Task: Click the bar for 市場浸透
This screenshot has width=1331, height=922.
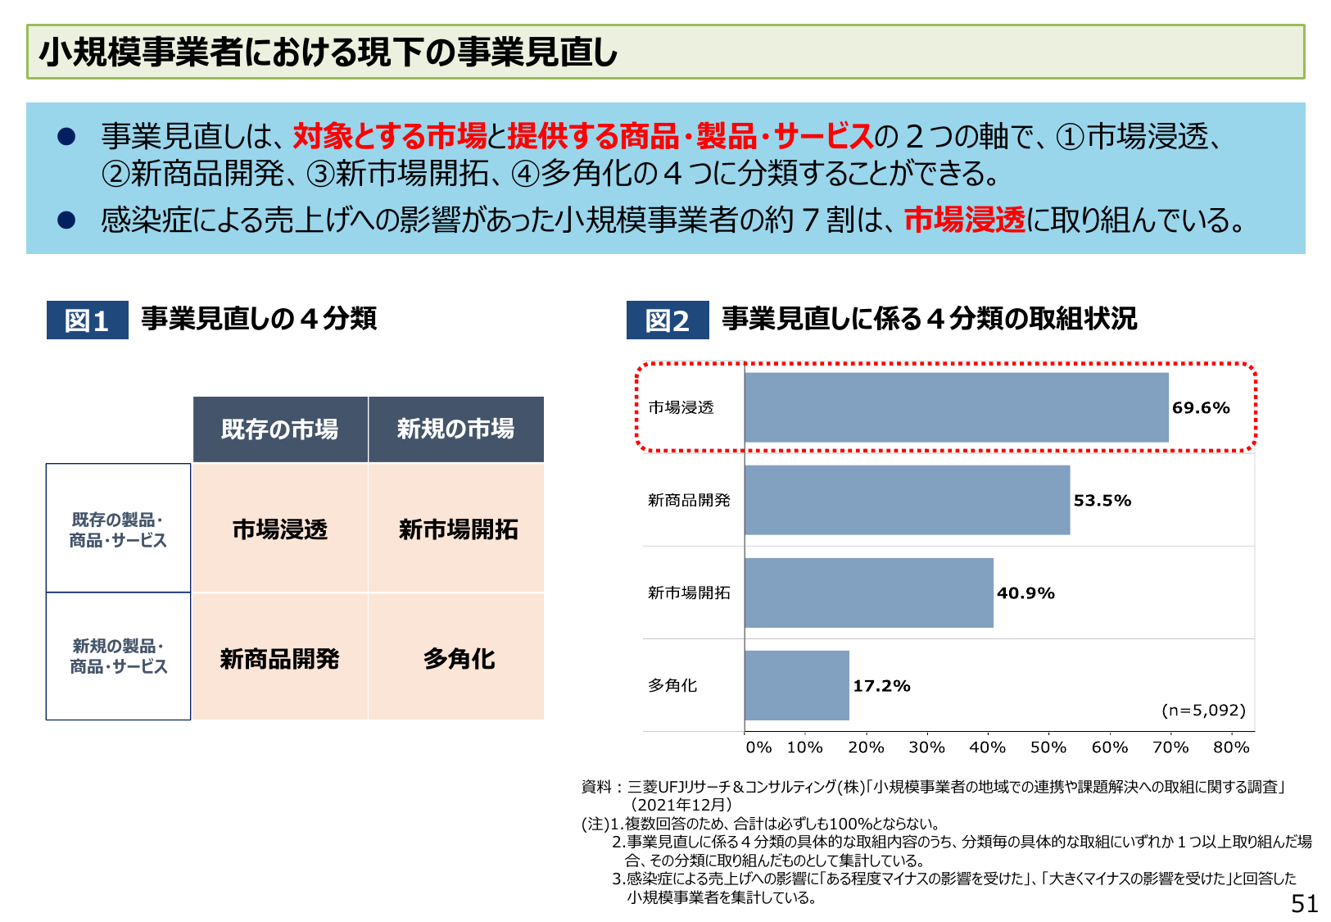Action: [956, 407]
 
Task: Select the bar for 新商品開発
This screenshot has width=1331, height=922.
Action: [907, 500]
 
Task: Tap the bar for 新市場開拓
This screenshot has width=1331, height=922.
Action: [868, 593]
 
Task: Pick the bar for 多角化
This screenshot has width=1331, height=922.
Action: [796, 685]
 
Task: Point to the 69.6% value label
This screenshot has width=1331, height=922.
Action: [1201, 407]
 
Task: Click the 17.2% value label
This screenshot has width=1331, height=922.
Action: [881, 686]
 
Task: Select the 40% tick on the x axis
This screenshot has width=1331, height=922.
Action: [987, 747]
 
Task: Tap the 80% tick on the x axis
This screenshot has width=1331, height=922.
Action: [1231, 747]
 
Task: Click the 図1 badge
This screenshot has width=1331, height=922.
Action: [87, 320]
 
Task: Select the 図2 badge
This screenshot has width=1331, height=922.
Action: [667, 320]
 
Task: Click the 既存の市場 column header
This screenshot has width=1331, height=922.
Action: [280, 429]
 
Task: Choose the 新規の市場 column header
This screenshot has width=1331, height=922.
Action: [456, 429]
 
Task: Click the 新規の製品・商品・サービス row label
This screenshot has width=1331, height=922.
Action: [118, 656]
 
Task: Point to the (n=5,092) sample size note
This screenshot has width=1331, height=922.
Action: [1203, 710]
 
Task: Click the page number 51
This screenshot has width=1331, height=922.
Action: [1305, 903]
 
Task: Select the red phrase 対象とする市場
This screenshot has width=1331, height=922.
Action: [389, 136]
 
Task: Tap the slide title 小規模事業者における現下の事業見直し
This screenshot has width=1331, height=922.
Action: [328, 52]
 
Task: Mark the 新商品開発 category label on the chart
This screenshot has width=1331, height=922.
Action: [689, 500]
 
